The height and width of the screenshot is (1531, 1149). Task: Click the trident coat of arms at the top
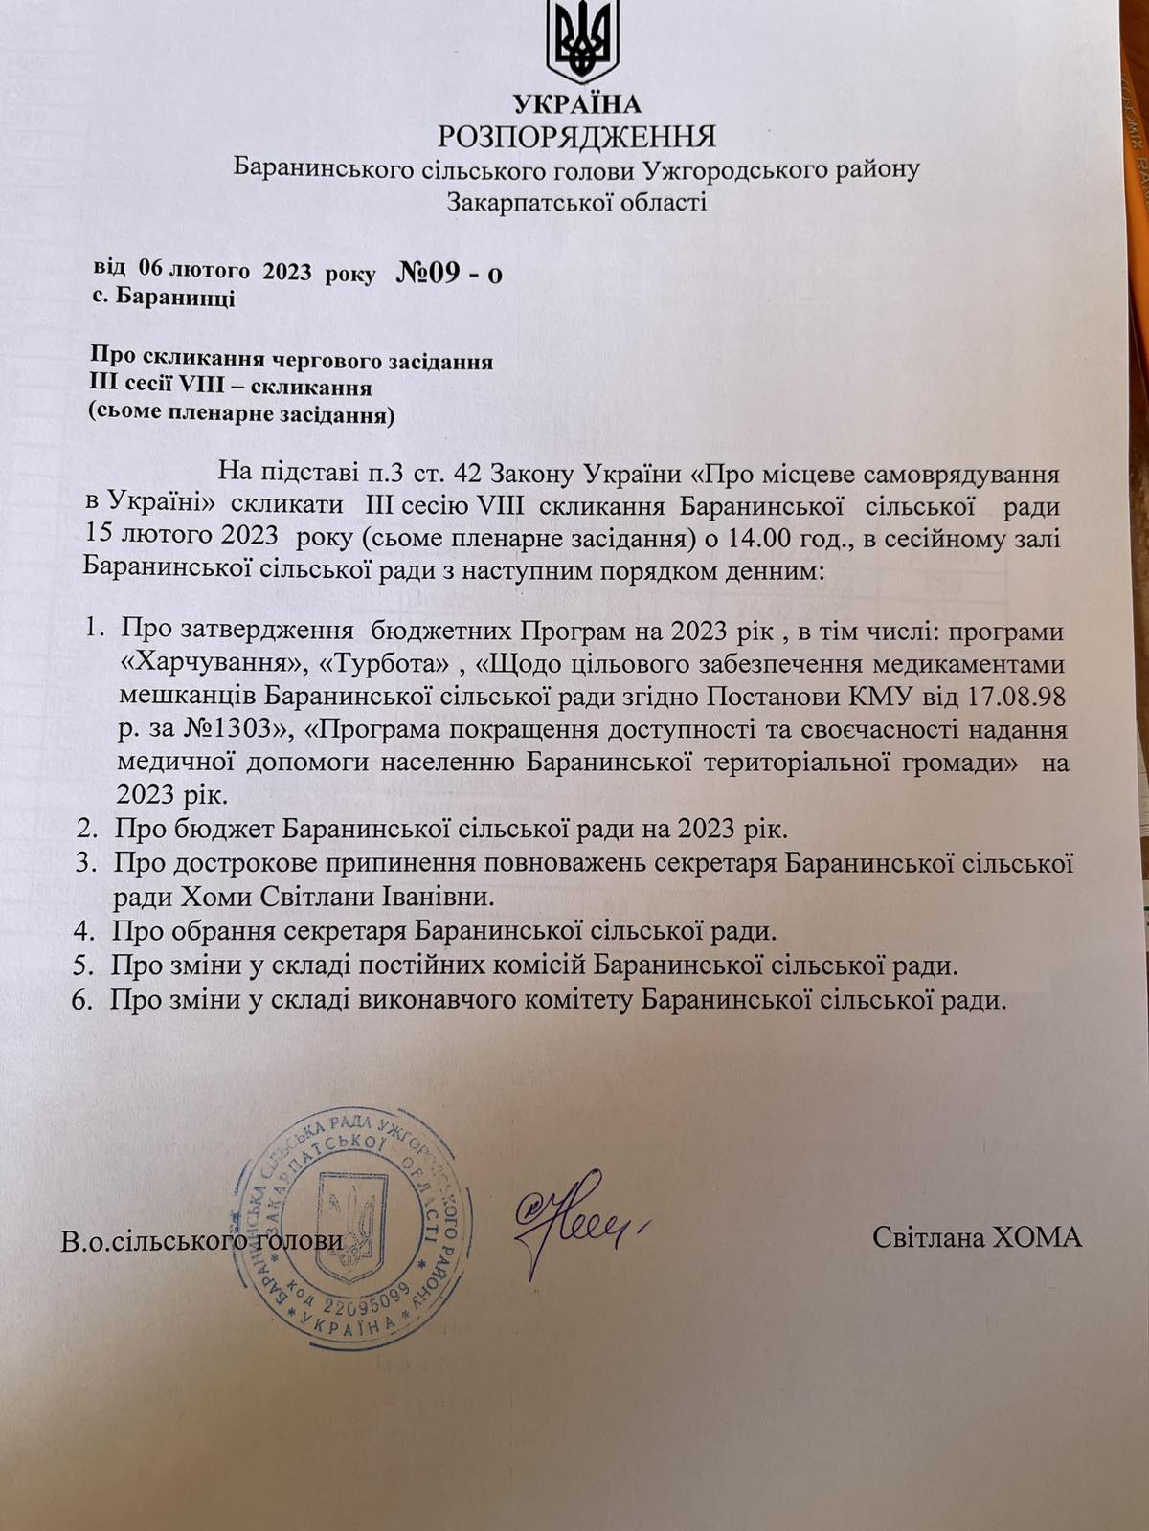pos(579,42)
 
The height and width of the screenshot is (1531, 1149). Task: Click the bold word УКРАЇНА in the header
pos(577,103)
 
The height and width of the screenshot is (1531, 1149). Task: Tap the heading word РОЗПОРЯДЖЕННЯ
pos(576,136)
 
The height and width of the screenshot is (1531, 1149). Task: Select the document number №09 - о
pos(448,274)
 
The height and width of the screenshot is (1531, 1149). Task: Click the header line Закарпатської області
pos(576,201)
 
